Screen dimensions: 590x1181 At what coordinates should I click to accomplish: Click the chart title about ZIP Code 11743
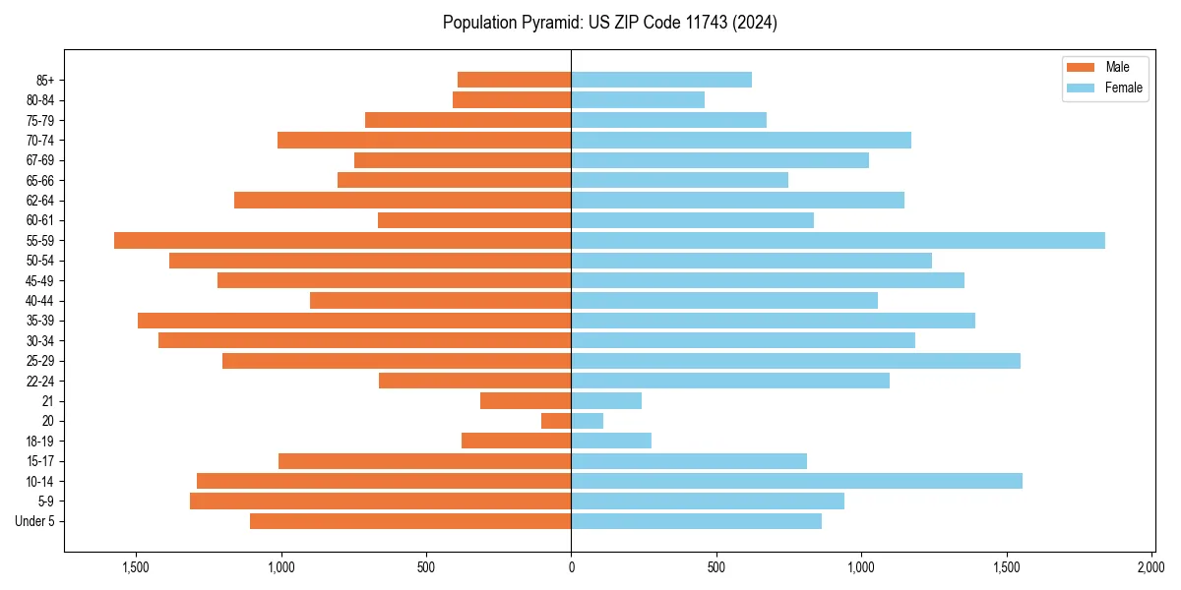(x=609, y=23)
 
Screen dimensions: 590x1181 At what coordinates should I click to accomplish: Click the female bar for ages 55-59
(x=838, y=240)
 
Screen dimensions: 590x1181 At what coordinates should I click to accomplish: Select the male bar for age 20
(x=556, y=421)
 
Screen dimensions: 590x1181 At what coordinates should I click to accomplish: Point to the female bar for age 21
(x=606, y=401)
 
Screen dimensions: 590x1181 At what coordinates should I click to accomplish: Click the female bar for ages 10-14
(x=796, y=481)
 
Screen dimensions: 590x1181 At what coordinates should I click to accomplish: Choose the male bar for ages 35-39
(x=354, y=321)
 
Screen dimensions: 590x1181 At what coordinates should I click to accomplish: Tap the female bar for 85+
(x=661, y=80)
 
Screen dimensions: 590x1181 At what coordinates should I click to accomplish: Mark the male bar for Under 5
(x=410, y=521)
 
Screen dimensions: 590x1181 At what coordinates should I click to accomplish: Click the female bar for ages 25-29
(x=795, y=361)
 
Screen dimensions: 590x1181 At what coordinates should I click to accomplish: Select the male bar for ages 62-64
(x=403, y=200)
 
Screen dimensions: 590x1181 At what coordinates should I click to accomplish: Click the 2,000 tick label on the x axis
(x=1151, y=568)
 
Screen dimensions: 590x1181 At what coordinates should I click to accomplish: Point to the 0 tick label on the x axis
(x=571, y=568)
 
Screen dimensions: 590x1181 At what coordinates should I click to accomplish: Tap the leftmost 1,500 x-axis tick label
(x=136, y=568)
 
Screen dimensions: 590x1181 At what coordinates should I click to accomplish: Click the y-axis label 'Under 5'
(x=34, y=521)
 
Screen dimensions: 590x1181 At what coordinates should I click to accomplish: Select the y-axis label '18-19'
(x=40, y=441)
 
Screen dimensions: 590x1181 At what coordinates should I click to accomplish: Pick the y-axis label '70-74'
(x=40, y=140)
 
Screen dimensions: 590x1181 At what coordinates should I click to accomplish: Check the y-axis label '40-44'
(x=40, y=301)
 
